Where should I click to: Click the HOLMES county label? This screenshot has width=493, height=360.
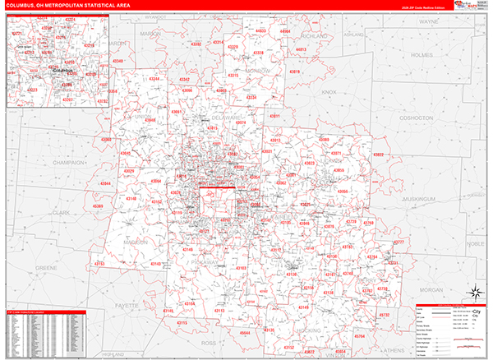(x=421, y=55)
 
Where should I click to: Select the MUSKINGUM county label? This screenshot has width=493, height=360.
(x=418, y=198)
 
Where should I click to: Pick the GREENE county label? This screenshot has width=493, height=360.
(x=46, y=268)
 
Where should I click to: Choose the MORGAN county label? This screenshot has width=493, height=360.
(x=432, y=291)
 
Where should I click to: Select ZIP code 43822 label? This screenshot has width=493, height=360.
(x=378, y=155)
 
